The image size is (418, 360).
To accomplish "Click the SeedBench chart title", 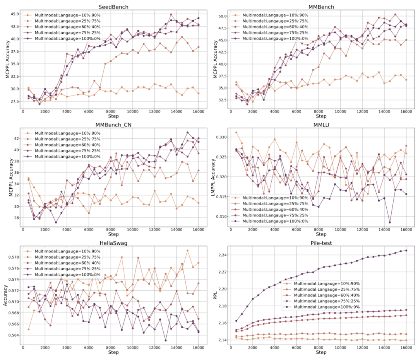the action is click(113, 7).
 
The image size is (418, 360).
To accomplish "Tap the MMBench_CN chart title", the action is click(113, 125).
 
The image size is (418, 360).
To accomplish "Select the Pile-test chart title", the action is click(321, 243).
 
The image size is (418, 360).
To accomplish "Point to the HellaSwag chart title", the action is click(113, 243).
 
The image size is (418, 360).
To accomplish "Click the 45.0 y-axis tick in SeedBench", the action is click(15, 14).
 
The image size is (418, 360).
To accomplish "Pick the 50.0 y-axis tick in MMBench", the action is click(222, 16).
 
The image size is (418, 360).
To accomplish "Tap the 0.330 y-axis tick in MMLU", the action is click(221, 137).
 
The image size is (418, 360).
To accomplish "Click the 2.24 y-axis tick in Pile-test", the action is click(222, 255).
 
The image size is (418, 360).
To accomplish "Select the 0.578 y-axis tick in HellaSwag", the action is click(14, 257).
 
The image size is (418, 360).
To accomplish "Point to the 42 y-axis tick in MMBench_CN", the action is click(17, 138).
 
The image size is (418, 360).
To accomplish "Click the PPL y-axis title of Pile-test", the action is click(215, 295).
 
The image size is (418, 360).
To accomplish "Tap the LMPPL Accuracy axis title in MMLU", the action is click(213, 177).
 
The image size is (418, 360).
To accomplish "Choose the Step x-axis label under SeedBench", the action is click(113, 116).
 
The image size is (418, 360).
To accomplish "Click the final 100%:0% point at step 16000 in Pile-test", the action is click(406, 250).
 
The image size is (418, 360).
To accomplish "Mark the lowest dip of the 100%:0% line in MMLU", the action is click(390, 222).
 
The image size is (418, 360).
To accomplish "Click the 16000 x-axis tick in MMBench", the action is click(406, 111).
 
